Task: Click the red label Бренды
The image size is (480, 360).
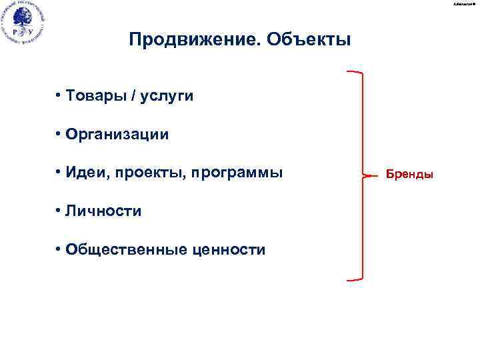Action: tap(409, 175)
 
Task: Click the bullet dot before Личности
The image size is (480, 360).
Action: tap(59, 211)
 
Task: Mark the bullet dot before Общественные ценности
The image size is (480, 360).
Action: tap(59, 249)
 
